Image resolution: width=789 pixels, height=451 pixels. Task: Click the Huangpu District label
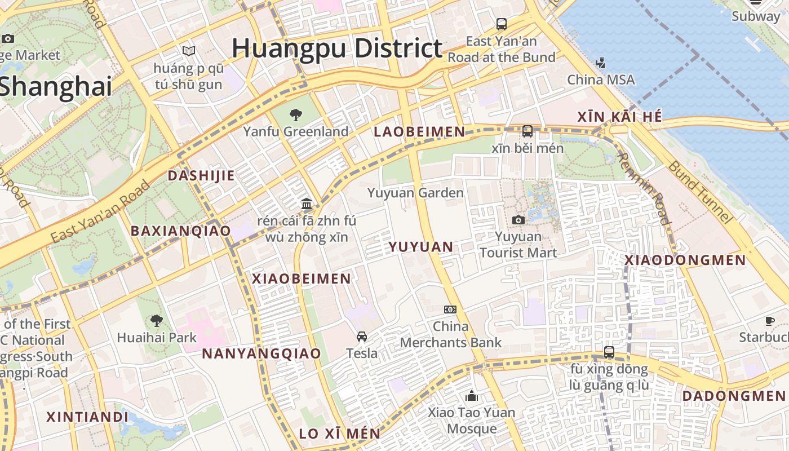pos(337,48)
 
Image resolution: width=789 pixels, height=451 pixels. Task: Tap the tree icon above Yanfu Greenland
pos(295,116)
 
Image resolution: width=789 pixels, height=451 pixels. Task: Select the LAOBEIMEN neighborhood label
pos(420,132)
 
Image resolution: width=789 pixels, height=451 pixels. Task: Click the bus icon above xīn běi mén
pos(528,131)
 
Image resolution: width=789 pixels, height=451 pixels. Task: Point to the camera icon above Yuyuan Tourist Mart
pos(518,220)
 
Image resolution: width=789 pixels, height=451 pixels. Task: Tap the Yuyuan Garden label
pos(415,193)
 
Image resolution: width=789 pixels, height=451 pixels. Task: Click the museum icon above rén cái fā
pos(307,204)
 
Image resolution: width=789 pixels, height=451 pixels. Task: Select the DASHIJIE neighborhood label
pos(201,175)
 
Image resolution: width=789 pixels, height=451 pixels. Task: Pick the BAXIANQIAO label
pos(181,231)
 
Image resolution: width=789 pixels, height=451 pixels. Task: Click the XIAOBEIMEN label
pos(302,278)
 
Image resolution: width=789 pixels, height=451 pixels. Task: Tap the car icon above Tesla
pos(362,337)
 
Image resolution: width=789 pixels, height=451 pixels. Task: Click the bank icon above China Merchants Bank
pos(450,309)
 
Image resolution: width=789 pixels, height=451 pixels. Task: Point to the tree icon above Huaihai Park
pos(157,321)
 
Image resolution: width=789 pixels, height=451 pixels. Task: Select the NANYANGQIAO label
pos(261,353)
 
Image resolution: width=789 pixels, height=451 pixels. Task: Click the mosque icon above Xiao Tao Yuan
pos(472,396)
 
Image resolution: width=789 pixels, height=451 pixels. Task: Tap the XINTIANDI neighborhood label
pos(87,417)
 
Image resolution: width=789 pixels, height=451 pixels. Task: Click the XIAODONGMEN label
pos(685,260)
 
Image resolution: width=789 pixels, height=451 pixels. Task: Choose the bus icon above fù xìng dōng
pos(609,352)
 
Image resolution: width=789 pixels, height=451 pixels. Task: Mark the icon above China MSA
pos(601,63)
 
